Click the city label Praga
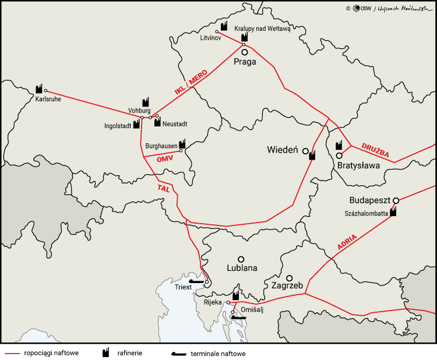click(x=245, y=62)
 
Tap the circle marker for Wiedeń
click(x=305, y=151)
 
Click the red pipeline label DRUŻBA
click(x=374, y=151)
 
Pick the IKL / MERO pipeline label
click(x=191, y=83)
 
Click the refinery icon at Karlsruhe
click(x=39, y=88)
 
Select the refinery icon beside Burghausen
click(x=182, y=143)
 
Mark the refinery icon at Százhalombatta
click(x=393, y=212)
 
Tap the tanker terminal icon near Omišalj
click(x=239, y=317)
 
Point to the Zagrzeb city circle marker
click(x=290, y=278)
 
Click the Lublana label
click(x=241, y=269)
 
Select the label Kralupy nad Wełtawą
click(x=262, y=28)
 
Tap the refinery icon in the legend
click(x=107, y=352)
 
